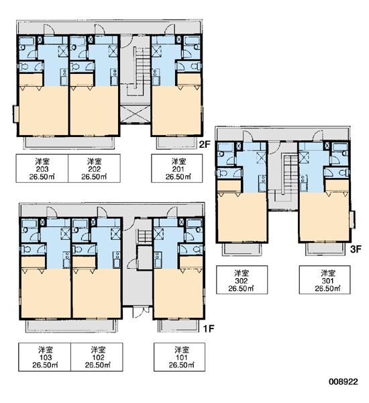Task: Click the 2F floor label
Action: pyautogui.click(x=205, y=144)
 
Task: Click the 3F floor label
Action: pyautogui.click(x=356, y=249)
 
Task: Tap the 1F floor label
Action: pyautogui.click(x=208, y=328)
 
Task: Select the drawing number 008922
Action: pyautogui.click(x=344, y=382)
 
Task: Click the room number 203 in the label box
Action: pyautogui.click(x=42, y=169)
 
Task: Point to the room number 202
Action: pyautogui.click(x=94, y=169)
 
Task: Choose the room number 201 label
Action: pyautogui.click(x=178, y=169)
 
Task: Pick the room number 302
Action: pyautogui.click(x=242, y=281)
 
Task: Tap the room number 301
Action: pyautogui.click(x=327, y=281)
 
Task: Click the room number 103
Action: pyautogui.click(x=46, y=357)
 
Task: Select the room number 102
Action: pyautogui.click(x=98, y=357)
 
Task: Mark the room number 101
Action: pyautogui.click(x=181, y=357)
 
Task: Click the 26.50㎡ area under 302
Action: pyautogui.click(x=241, y=288)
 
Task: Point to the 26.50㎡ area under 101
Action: pyautogui.click(x=181, y=365)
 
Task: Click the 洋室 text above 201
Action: pyautogui.click(x=178, y=162)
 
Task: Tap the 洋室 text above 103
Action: pyautogui.click(x=46, y=350)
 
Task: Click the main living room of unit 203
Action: pyautogui.click(x=43, y=111)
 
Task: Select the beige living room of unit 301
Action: pyautogui.click(x=324, y=217)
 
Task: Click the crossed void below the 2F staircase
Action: pyautogui.click(x=135, y=114)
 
